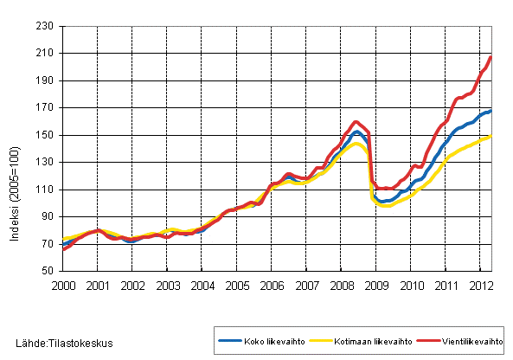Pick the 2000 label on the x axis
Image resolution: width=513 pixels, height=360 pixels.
[62, 285]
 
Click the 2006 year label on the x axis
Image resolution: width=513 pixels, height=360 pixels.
[273, 285]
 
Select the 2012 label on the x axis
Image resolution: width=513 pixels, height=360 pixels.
[481, 285]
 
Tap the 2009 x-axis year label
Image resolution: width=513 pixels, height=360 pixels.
[377, 285]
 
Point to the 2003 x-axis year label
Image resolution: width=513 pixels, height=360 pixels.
[167, 285]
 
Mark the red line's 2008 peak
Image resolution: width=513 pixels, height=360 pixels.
[356, 122]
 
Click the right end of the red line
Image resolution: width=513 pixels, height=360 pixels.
[491, 57]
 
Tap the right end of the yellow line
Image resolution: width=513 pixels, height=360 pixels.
[491, 136]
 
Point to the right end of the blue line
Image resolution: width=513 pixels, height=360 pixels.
[491, 111]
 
